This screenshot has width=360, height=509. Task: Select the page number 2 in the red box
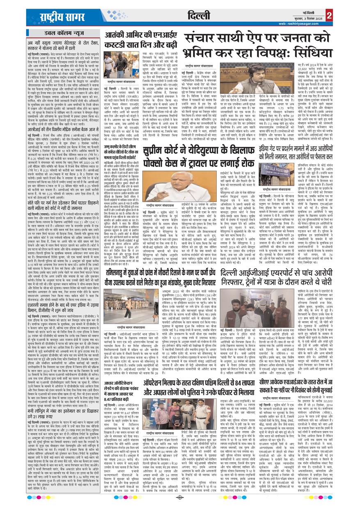coord(328,15)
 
